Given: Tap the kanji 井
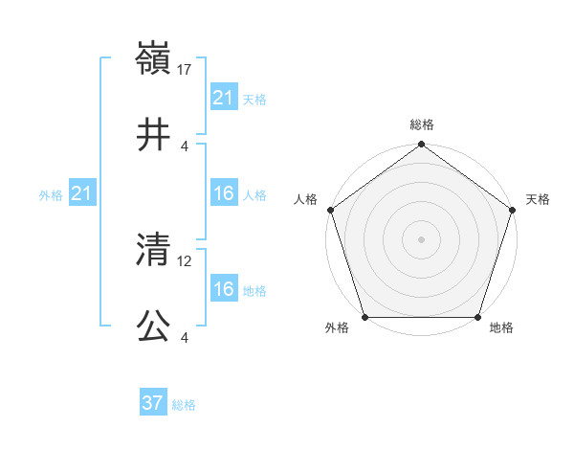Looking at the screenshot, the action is pyautogui.click(x=154, y=136).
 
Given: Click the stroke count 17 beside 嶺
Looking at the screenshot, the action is pyautogui.click(x=186, y=70).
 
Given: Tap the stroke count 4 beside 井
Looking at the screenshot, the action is pyautogui.click(x=185, y=146).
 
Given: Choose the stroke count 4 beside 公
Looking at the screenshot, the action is pyautogui.click(x=185, y=338).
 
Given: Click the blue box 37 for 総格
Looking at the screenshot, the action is pyautogui.click(x=153, y=403).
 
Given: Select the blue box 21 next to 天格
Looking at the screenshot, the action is pyautogui.click(x=224, y=98).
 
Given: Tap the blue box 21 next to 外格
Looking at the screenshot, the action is pyautogui.click(x=82, y=194).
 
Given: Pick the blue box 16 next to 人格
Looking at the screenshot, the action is pyautogui.click(x=224, y=194).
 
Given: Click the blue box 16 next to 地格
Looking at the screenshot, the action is pyautogui.click(x=224, y=289).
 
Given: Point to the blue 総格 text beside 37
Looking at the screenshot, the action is pyautogui.click(x=184, y=405).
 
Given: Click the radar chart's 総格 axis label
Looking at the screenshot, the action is pyautogui.click(x=422, y=124).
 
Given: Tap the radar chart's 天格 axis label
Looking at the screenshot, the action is pyautogui.click(x=539, y=199).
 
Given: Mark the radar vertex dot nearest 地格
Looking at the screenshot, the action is pyautogui.click(x=478, y=317).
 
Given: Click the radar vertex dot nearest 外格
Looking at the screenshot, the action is pyautogui.click(x=365, y=317).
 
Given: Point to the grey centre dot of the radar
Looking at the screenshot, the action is pyautogui.click(x=422, y=239).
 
